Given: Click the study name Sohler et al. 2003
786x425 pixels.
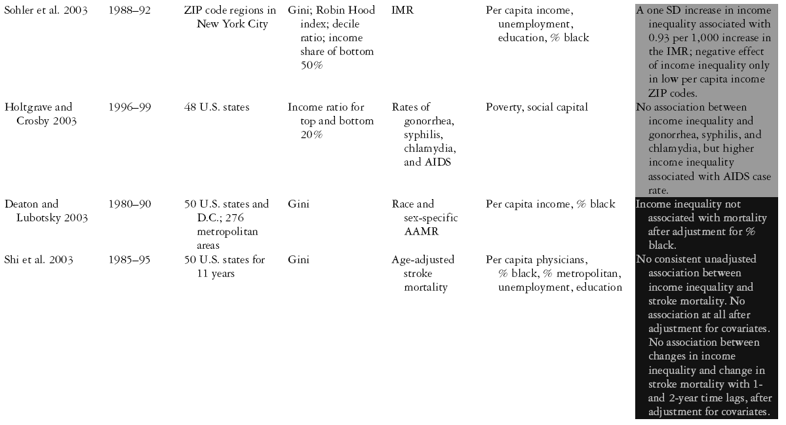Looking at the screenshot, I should coord(44,11).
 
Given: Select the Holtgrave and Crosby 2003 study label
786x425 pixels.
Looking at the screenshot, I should coord(39,113).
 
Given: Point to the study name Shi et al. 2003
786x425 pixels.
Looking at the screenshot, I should coord(39,260).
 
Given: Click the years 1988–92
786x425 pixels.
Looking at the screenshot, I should coord(130,11).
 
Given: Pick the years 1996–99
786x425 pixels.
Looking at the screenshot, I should coord(130,107).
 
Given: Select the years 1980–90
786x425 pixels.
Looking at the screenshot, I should coord(130,204).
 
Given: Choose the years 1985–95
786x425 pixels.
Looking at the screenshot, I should coord(130,260).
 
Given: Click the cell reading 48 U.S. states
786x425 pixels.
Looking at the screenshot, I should coord(216,107).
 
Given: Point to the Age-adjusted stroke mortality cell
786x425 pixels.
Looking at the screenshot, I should coord(423,272).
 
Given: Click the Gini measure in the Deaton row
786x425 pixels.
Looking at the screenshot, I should coord(298,204).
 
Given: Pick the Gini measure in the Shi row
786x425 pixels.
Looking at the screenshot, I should coord(298,260).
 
